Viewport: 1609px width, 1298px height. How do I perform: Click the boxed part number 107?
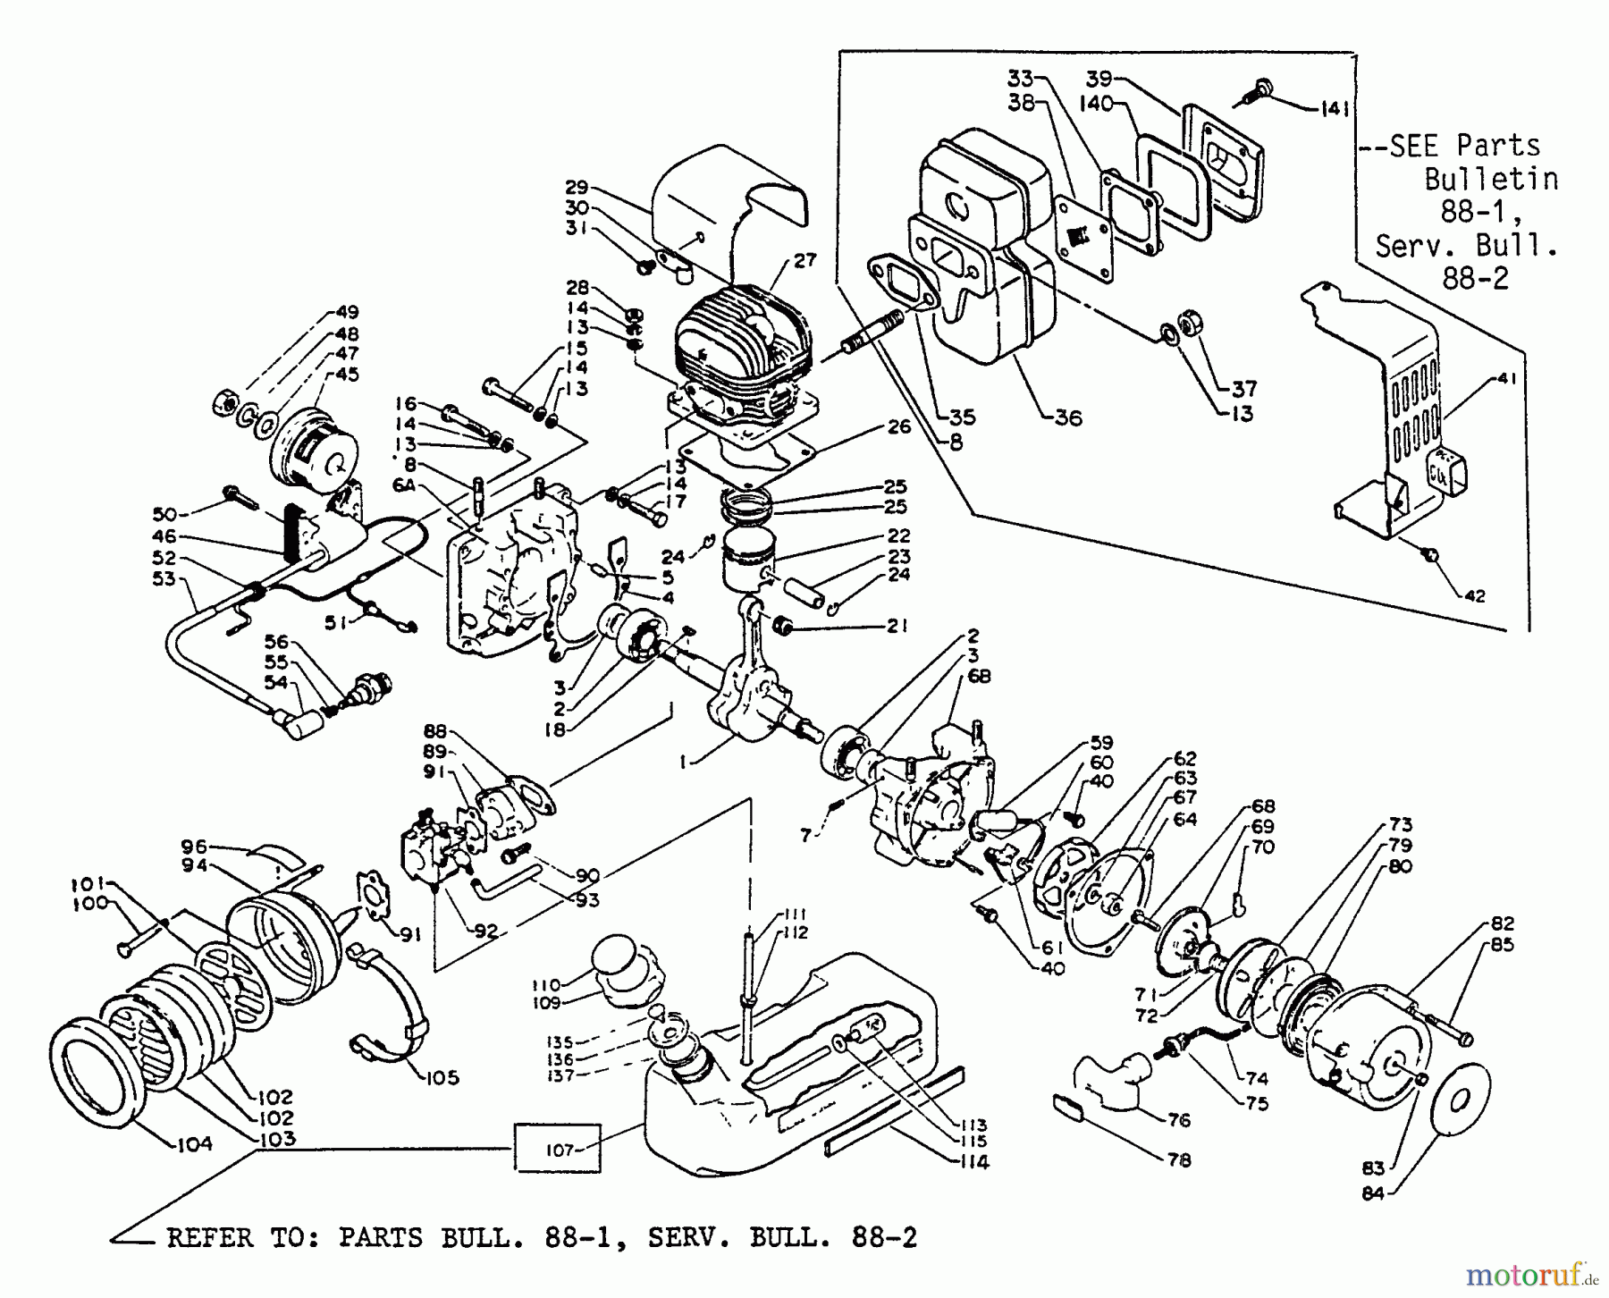pos(560,1150)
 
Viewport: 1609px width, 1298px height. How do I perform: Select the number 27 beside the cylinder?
pos(804,260)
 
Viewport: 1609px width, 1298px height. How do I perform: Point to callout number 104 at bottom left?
pos(194,1143)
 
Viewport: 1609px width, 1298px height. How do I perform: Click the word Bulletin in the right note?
pos(1490,179)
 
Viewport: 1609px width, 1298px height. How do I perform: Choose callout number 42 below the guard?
pos(1474,595)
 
